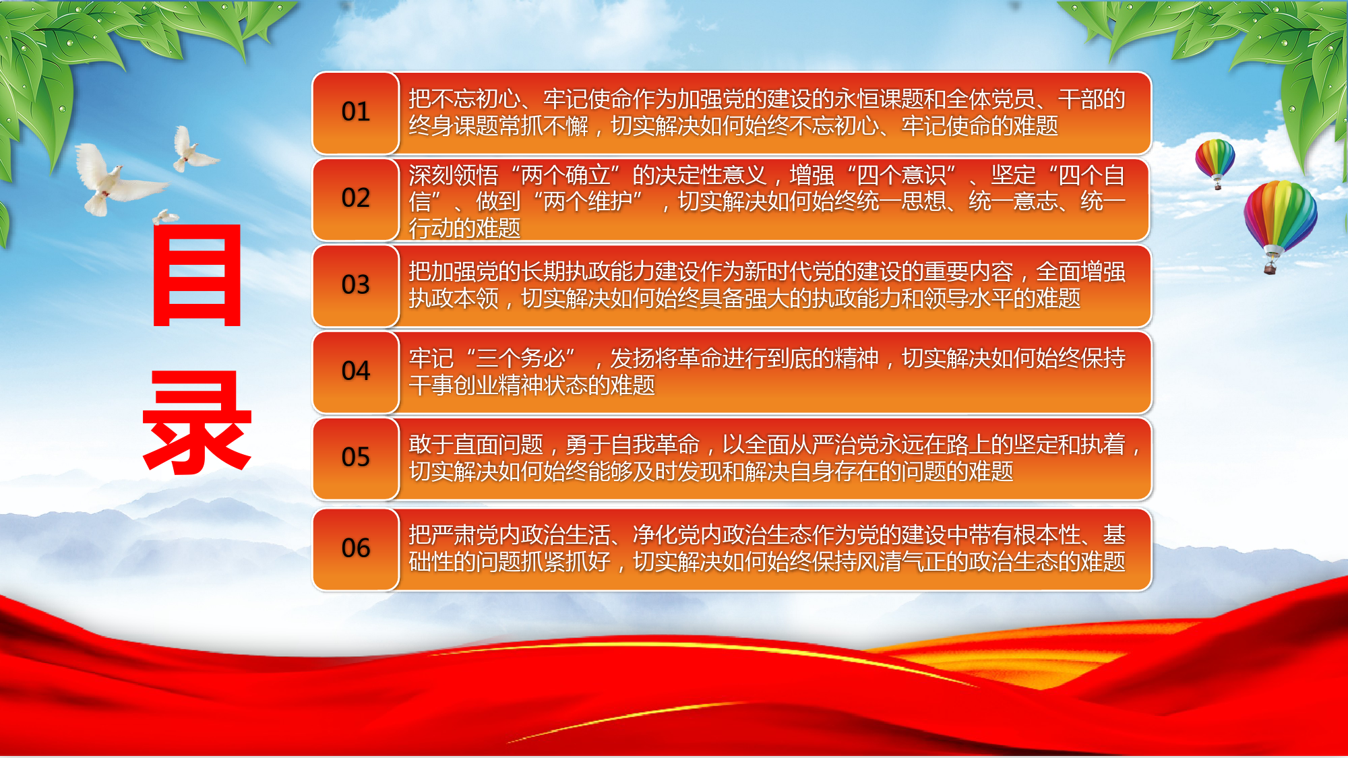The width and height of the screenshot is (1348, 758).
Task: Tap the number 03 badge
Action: point(356,286)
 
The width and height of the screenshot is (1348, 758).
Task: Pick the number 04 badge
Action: point(356,372)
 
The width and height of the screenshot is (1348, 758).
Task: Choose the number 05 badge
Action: point(356,458)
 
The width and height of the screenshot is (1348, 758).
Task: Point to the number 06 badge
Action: point(356,549)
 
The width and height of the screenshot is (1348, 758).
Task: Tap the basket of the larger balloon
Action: point(1270,269)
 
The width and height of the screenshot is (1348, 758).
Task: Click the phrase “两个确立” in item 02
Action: point(576,176)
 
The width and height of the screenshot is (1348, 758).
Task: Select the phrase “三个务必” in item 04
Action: point(520,358)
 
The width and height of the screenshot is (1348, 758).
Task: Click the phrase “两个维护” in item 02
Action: point(587,201)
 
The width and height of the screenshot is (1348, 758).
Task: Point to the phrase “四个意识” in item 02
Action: point(902,176)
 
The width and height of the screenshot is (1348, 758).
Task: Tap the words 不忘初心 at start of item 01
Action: point(475,99)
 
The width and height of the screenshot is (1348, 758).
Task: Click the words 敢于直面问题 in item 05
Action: point(476,445)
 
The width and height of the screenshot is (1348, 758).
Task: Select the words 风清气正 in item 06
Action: point(901,561)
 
